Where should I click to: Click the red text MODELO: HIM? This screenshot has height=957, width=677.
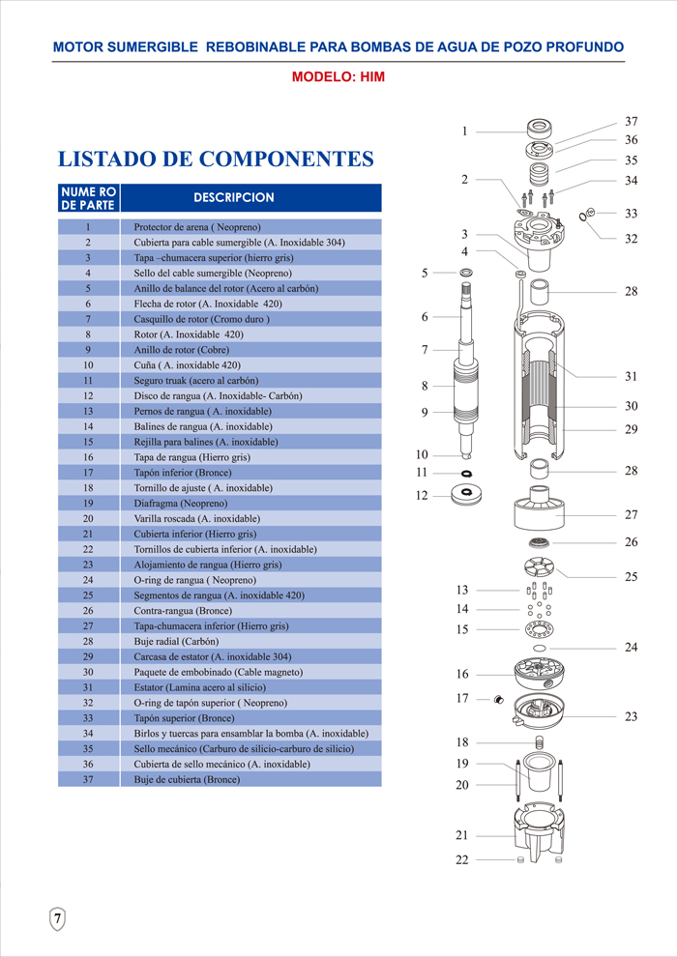click(x=338, y=77)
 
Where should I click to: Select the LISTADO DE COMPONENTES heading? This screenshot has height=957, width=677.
click(x=216, y=159)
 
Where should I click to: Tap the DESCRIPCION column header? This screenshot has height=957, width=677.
click(x=234, y=198)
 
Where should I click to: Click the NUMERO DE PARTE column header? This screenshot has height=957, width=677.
click(x=89, y=198)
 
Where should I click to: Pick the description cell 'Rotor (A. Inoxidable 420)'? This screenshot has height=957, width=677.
click(x=189, y=334)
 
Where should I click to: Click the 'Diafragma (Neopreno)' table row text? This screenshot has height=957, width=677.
click(x=181, y=504)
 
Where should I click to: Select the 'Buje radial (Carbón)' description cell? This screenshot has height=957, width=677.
click(x=176, y=642)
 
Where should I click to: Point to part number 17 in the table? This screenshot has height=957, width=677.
click(x=89, y=473)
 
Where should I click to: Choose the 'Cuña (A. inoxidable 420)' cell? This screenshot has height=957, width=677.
click(x=188, y=365)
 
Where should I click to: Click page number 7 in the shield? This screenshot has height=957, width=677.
click(x=57, y=918)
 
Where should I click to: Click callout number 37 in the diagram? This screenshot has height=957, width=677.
click(x=632, y=122)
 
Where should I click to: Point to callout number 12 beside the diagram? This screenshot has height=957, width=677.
click(x=422, y=496)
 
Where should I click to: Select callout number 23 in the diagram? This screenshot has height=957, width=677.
click(x=632, y=716)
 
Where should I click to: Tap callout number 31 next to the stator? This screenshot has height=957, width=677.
click(x=632, y=377)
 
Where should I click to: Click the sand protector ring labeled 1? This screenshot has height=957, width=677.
click(x=542, y=129)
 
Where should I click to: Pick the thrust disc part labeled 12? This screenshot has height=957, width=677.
click(x=466, y=493)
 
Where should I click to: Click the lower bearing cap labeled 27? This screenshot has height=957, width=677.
click(x=538, y=507)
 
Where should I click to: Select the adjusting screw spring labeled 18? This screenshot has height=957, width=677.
click(x=539, y=742)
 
